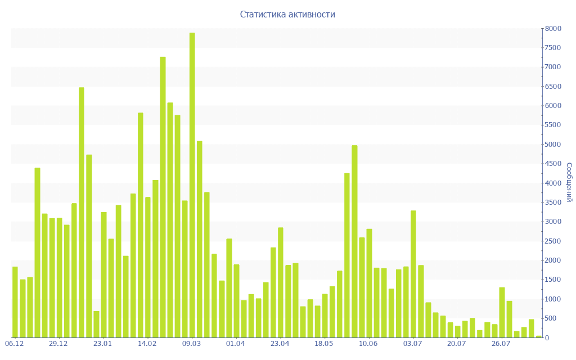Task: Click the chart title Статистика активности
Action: tap(287, 14)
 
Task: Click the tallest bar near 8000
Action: tap(192, 185)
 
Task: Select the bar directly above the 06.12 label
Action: tap(15, 302)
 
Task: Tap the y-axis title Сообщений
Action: tap(569, 182)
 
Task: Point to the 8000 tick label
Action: tap(553, 28)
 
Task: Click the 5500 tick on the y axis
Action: tap(553, 125)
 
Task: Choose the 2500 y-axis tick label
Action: tap(553, 241)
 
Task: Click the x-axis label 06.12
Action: tap(14, 344)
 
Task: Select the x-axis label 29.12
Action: tap(58, 344)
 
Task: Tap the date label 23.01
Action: tap(103, 344)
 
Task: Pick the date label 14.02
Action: tap(147, 344)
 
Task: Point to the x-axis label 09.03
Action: tap(192, 344)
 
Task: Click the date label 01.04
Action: tap(235, 344)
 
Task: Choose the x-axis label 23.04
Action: tap(280, 344)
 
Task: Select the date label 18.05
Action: tap(324, 344)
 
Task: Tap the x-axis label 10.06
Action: tap(368, 344)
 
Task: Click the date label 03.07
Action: tap(413, 344)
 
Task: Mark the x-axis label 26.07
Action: tap(501, 344)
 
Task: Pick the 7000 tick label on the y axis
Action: tap(553, 67)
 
